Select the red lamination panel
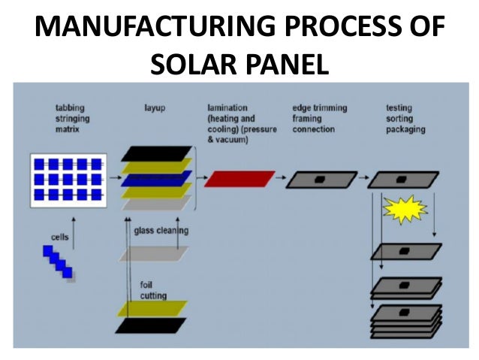(239, 178)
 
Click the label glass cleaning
(161, 231)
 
